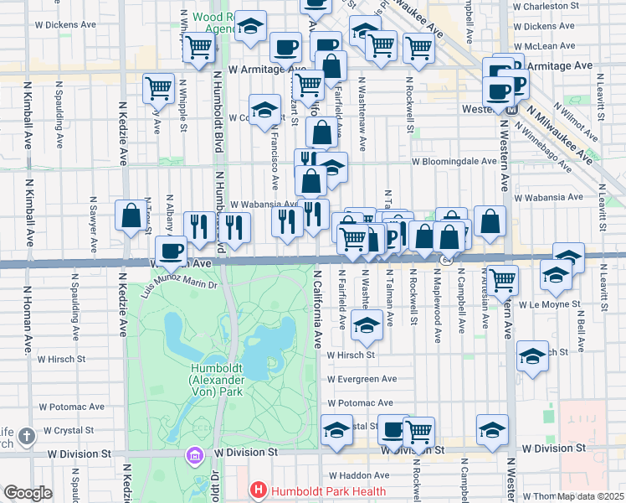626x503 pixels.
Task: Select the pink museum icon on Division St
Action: coord(195,456)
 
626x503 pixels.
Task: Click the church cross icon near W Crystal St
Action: coord(27,436)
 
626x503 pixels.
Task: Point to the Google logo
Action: coord(28,493)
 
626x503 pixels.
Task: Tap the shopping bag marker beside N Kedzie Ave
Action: coord(131,215)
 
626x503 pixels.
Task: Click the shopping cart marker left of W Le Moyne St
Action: coord(502,279)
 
